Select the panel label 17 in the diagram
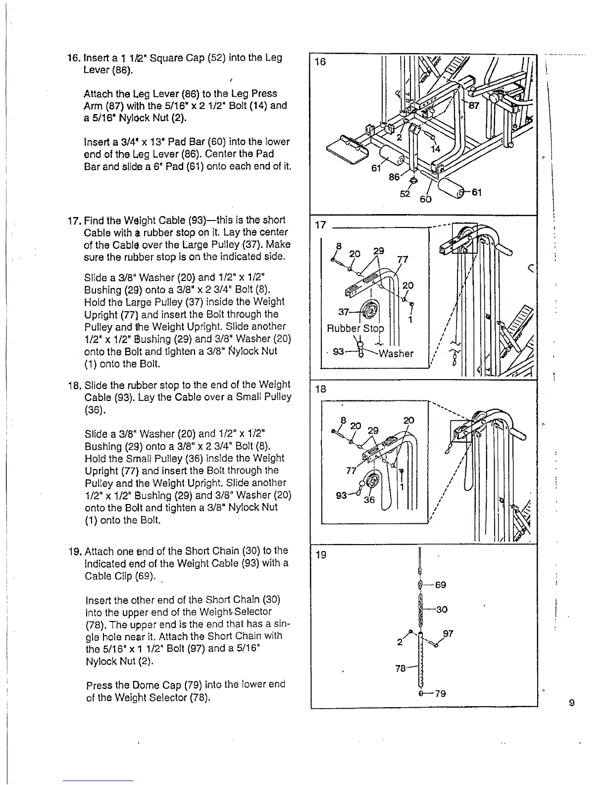(321, 225)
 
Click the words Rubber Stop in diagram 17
(355, 329)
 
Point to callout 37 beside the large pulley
(344, 311)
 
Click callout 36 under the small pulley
(369, 500)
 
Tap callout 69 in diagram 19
(440, 585)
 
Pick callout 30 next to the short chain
(442, 609)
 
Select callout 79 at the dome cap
(440, 693)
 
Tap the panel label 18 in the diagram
(321, 389)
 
